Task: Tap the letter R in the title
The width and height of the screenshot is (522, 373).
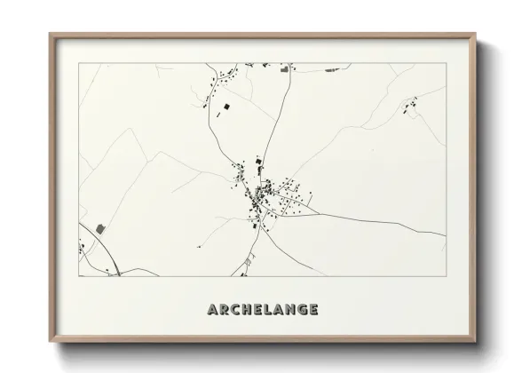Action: coord(225,310)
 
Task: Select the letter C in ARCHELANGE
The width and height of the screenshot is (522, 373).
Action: coord(237,310)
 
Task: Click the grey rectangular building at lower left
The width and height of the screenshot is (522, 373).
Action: coord(99,228)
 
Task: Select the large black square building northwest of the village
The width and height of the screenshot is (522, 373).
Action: coord(226,107)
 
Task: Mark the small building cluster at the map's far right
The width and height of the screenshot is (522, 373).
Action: coord(410,108)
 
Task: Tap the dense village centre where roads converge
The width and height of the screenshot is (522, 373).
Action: coord(261,193)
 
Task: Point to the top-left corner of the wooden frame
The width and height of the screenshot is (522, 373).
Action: coord(50,35)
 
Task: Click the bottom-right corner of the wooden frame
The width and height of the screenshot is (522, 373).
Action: coord(477,342)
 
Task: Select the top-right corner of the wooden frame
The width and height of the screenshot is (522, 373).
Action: coord(477,35)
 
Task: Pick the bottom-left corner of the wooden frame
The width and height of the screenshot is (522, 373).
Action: coord(50,342)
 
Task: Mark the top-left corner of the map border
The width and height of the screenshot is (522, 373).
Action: coord(79,63)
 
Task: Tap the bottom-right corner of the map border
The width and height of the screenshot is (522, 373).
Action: coord(447,276)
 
